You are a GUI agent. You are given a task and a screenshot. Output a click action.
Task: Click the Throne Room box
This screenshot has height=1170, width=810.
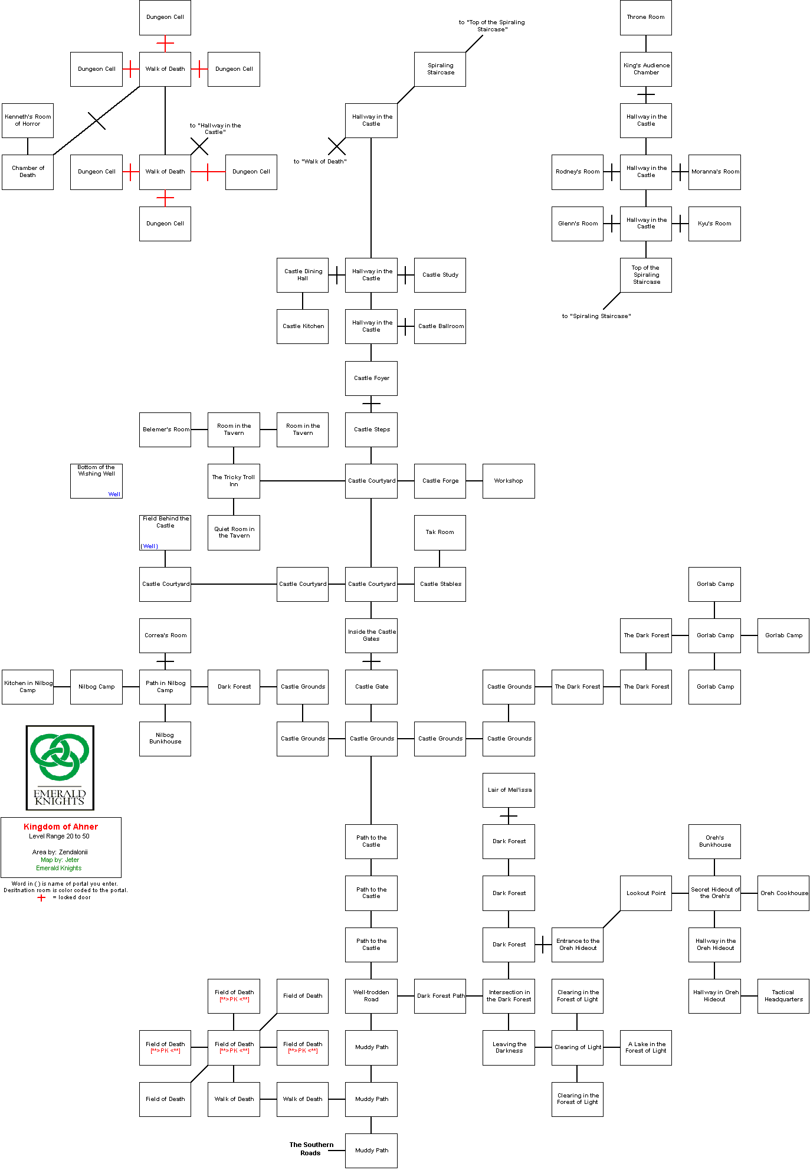645,17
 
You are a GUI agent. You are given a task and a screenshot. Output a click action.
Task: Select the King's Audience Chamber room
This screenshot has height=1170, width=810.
645,69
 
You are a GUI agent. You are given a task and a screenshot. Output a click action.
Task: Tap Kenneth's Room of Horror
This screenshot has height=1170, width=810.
28,120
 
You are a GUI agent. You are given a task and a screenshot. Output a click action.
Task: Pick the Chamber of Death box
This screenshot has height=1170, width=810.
28,172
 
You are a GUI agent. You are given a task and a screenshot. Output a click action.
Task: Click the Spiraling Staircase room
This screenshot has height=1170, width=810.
440,69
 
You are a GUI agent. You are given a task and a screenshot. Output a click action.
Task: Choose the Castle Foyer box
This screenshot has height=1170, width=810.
371,378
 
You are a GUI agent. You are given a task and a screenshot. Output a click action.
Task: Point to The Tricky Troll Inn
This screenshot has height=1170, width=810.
234,481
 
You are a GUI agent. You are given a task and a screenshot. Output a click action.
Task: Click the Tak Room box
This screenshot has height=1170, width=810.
440,532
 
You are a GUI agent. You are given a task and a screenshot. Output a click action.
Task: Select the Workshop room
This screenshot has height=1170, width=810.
509,481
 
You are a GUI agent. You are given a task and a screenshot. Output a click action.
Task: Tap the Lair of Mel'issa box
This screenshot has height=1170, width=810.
509,790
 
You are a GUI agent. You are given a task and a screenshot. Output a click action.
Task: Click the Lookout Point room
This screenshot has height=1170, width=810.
645,893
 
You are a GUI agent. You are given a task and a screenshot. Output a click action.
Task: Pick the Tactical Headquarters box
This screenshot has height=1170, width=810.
783,996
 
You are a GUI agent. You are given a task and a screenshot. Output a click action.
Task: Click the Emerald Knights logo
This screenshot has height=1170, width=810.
60,767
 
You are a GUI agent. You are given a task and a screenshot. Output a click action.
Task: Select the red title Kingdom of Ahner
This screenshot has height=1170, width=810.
61,827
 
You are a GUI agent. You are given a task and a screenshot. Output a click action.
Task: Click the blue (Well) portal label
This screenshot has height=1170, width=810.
149,546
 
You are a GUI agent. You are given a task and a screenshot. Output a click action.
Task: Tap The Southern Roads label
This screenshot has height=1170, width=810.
311,1149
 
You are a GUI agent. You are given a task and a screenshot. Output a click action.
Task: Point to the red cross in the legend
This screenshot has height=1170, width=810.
41,897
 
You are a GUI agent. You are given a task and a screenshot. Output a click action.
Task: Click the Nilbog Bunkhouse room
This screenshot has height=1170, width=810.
165,739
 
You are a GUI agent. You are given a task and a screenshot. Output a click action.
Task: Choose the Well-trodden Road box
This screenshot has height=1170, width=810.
371,996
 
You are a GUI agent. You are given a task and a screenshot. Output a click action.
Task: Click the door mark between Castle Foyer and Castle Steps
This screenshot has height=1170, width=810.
371,404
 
